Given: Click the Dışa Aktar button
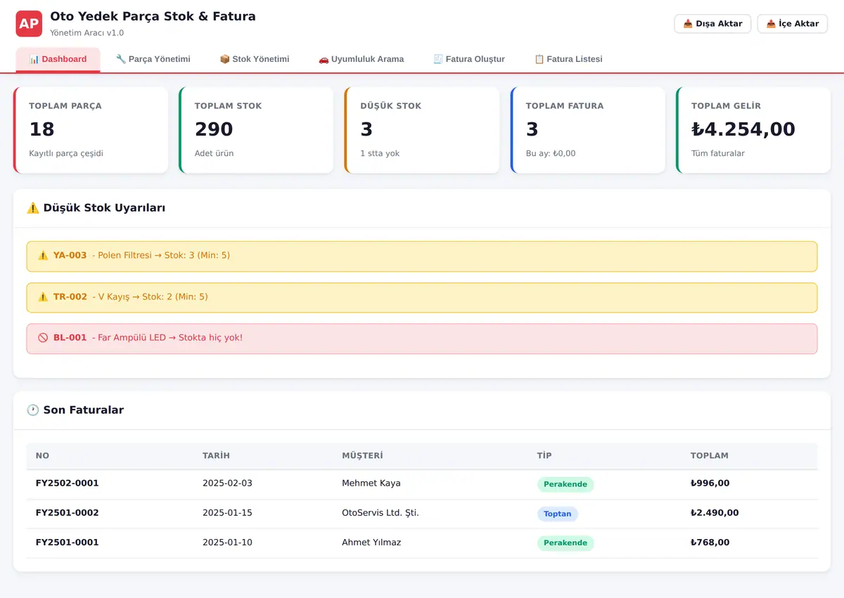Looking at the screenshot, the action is [712, 24].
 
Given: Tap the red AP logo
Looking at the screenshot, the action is [29, 24].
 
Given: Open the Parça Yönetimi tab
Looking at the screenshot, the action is [153, 59].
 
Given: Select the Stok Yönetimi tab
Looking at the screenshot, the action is [255, 59].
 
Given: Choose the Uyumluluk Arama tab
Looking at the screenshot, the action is [361, 59].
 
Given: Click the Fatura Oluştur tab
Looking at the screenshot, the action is [469, 59].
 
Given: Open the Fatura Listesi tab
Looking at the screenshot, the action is [568, 59].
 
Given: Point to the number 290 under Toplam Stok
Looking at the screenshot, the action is [214, 129].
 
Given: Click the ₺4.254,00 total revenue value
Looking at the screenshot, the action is [743, 129].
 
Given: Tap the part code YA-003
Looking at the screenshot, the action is [70, 255].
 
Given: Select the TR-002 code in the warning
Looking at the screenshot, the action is [70, 297].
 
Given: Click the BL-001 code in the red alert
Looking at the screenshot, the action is [70, 337].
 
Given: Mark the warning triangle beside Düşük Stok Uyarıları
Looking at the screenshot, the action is [33, 208].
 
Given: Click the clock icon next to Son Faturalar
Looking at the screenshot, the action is [33, 410].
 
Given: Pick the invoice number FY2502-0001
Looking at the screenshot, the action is [67, 483].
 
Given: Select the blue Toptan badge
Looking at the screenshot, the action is [557, 514].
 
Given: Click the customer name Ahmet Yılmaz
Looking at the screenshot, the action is [371, 542].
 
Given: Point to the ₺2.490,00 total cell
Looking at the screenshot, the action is [715, 512].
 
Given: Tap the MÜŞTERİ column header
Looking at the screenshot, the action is [362, 455].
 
